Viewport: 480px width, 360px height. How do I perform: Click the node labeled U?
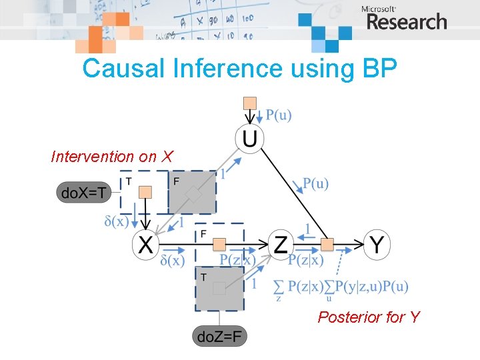[x=249, y=139]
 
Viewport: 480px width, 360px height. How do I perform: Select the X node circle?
[x=145, y=245]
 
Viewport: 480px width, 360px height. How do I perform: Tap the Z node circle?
[x=280, y=245]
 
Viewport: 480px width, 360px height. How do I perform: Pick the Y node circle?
[x=377, y=245]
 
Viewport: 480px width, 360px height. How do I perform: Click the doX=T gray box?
[x=83, y=194]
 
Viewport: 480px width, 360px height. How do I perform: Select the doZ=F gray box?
[x=219, y=336]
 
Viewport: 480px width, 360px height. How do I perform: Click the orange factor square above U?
[x=249, y=103]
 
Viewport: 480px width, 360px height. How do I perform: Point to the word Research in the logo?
[x=407, y=22]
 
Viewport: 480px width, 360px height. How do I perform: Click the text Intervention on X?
[x=112, y=157]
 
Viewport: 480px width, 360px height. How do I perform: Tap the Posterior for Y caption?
[x=369, y=317]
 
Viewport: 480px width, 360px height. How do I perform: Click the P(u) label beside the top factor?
[x=279, y=115]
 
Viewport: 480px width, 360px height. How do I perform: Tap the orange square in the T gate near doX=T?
[x=145, y=192]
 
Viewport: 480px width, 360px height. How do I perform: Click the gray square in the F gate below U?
[x=193, y=195]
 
